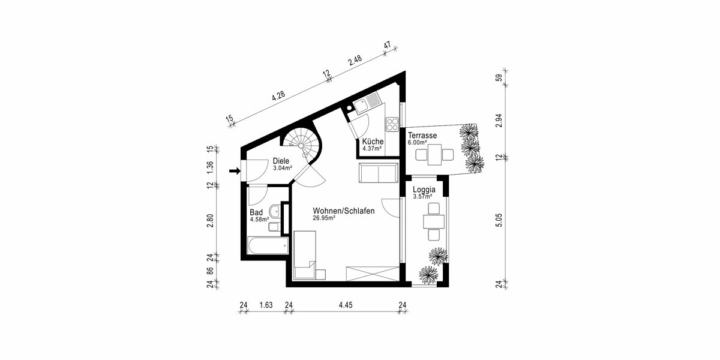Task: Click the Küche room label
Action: tap(373, 142)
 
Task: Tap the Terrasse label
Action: tap(422, 136)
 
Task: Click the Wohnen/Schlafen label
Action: tap(344, 211)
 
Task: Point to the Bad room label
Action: tap(256, 212)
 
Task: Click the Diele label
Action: tap(281, 161)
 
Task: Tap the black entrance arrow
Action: tap(235, 172)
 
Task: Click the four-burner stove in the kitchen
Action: tap(392, 124)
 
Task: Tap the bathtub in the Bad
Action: tap(267, 246)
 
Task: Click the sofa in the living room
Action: tap(379, 173)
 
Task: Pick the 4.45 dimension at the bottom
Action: tap(345, 305)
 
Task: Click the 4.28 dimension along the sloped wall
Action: tap(278, 97)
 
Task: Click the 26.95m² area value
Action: tap(323, 218)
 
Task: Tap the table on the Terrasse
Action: tap(433, 155)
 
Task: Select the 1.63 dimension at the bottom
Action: tap(266, 305)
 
